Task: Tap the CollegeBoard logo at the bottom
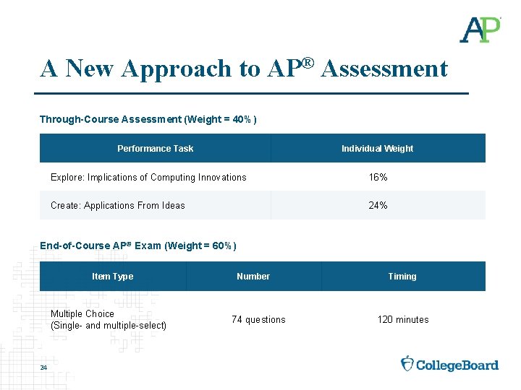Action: pos(450,364)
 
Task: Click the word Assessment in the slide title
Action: pos(384,69)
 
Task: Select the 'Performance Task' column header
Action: pos(155,149)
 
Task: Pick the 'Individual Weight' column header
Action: pos(377,149)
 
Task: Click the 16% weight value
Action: pos(378,177)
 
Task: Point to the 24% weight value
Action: pos(378,206)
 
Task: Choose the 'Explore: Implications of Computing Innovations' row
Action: pos(148,177)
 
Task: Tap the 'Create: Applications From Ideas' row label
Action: pos(118,206)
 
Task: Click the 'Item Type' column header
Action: pos(112,277)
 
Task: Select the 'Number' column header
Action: pos(253,277)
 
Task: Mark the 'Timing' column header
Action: pos(402,277)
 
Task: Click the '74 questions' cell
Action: pos(258,320)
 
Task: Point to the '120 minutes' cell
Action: pos(402,320)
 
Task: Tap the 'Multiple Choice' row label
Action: pos(82,314)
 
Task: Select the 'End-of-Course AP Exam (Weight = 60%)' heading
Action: pos(138,246)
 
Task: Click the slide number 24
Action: pos(43,369)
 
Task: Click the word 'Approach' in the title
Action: pos(173,69)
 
